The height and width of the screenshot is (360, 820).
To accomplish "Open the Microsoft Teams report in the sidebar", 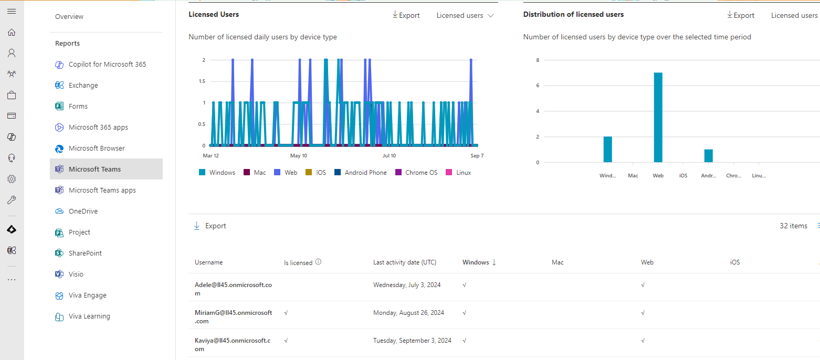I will (94, 169).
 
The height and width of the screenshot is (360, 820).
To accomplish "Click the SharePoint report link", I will (85, 253).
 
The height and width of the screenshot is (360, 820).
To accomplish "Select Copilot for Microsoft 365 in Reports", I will (107, 64).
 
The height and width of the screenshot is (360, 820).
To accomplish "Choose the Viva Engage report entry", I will (87, 295).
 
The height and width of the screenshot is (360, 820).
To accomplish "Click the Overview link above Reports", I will (69, 16).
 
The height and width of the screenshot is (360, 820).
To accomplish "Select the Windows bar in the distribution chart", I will (607, 149).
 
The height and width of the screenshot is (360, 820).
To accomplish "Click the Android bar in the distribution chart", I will (708, 156).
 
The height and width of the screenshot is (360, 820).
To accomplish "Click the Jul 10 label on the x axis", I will (389, 156).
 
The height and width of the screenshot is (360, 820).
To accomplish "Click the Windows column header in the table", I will (476, 262).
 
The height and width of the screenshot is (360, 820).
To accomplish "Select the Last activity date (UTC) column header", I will (404, 262).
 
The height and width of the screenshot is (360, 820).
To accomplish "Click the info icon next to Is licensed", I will (318, 262).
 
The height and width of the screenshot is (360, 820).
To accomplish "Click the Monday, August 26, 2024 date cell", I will (408, 313).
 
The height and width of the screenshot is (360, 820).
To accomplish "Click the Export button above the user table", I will (210, 226).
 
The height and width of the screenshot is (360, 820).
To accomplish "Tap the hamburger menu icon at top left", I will (12, 11).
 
